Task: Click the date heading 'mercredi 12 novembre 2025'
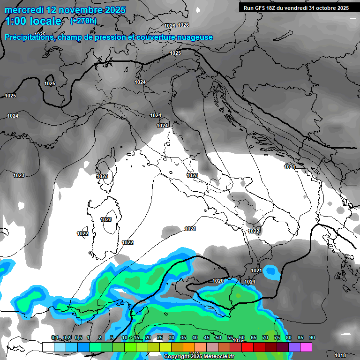point(65,10)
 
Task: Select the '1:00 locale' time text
point(34,21)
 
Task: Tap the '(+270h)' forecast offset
point(83,21)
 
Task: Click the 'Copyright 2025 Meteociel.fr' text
point(199,357)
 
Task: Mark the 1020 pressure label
point(218,281)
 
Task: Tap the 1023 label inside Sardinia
point(106,219)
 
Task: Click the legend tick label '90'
point(312,337)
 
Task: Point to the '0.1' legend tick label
point(55,337)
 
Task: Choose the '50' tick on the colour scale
point(218,337)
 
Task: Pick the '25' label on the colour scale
point(160,337)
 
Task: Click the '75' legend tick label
point(277,337)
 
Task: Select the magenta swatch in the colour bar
point(306,347)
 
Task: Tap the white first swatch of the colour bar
point(48,347)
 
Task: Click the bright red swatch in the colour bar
point(247,347)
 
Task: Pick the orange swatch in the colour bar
point(189,347)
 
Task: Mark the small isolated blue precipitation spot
point(270,271)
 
